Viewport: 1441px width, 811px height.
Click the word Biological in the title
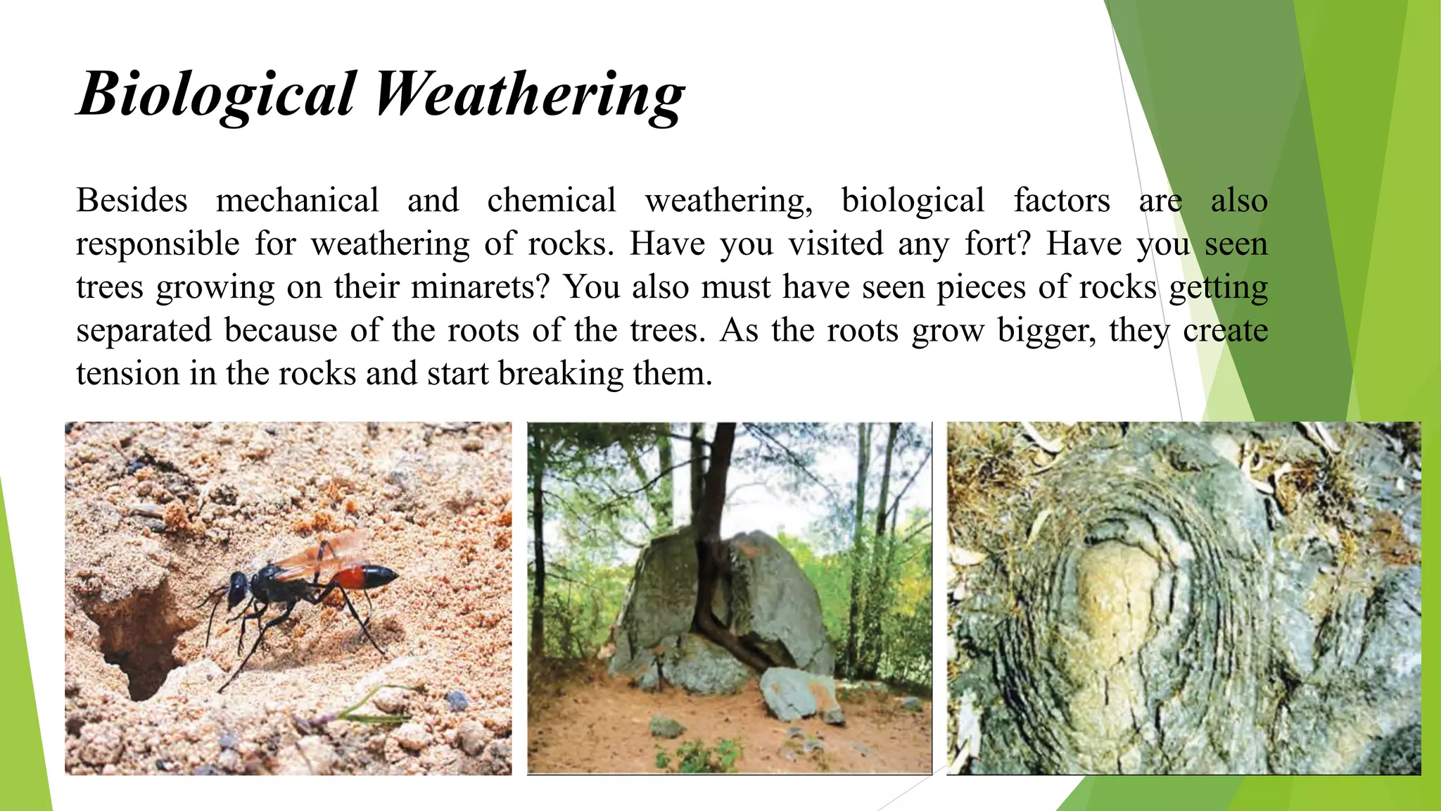point(217,95)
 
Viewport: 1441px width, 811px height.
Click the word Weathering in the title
point(528,95)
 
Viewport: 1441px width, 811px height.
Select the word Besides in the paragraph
point(132,201)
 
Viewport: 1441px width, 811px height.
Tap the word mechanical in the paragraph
point(297,201)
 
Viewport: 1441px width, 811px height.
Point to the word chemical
point(552,201)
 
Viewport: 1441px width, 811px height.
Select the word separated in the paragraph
point(144,331)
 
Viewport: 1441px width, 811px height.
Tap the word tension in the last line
point(127,374)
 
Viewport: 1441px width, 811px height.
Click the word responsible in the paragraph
point(158,244)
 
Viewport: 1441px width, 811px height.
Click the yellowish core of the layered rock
point(1119,598)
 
